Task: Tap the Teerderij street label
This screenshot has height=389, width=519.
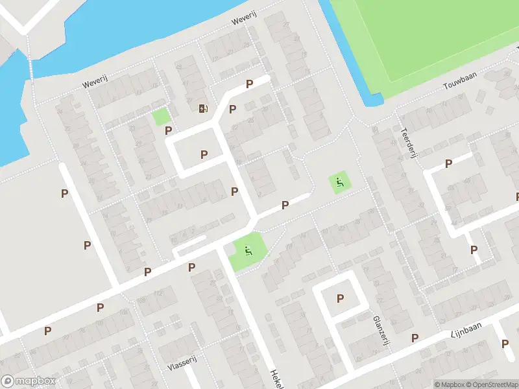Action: click(409, 137)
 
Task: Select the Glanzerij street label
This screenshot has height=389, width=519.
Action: click(380, 331)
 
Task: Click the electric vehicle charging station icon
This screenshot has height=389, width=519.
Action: click(204, 108)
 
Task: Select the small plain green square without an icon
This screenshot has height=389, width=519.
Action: click(160, 117)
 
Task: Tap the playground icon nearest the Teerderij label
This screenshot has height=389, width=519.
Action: click(337, 182)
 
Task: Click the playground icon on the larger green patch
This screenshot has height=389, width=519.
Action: click(248, 251)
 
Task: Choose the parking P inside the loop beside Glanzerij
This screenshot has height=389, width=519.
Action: click(340, 299)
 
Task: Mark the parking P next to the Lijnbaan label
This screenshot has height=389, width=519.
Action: click(415, 338)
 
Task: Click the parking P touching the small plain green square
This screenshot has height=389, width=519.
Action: click(169, 130)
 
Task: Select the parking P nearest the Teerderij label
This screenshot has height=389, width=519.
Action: click(448, 164)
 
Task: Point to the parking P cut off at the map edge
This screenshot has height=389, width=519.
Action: click(517, 196)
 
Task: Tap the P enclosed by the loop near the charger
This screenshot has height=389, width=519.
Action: click(204, 154)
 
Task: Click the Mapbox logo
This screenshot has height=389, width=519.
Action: click(29, 381)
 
